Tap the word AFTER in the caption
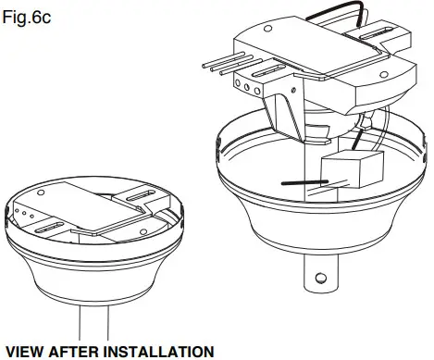[x=79, y=351]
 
